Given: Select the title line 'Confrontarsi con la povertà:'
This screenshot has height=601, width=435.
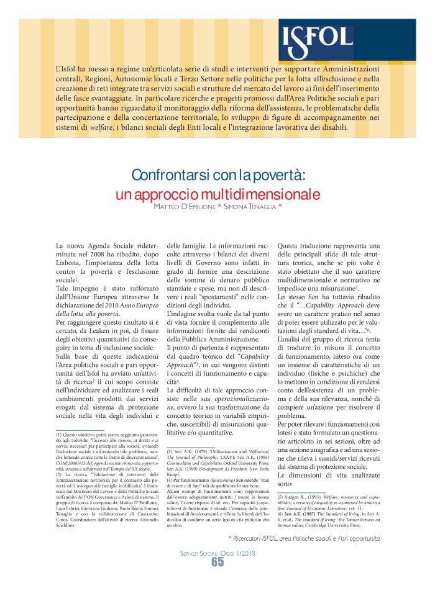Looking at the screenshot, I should click(217, 174).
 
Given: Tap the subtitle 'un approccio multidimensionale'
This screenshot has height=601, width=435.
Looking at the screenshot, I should click(217, 193).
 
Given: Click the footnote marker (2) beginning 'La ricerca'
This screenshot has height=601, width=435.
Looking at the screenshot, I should click(59, 475).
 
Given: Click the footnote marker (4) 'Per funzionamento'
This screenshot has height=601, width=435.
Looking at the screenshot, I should click(172, 481).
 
